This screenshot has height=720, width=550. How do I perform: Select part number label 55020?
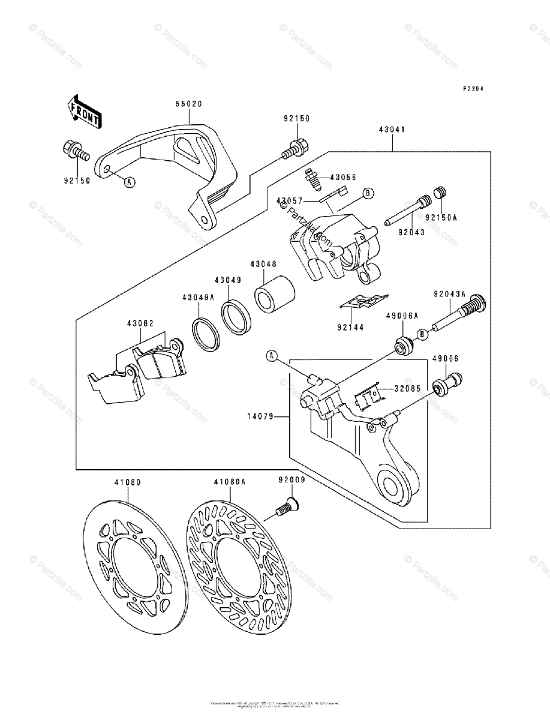coord(188,104)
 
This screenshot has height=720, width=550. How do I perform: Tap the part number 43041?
coord(391,129)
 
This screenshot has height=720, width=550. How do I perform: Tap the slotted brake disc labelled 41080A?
coord(238,570)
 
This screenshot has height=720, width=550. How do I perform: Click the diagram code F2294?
coord(473,89)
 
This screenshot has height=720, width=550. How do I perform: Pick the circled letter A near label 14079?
coord(272,356)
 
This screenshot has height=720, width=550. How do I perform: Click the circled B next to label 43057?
coord(368,193)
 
